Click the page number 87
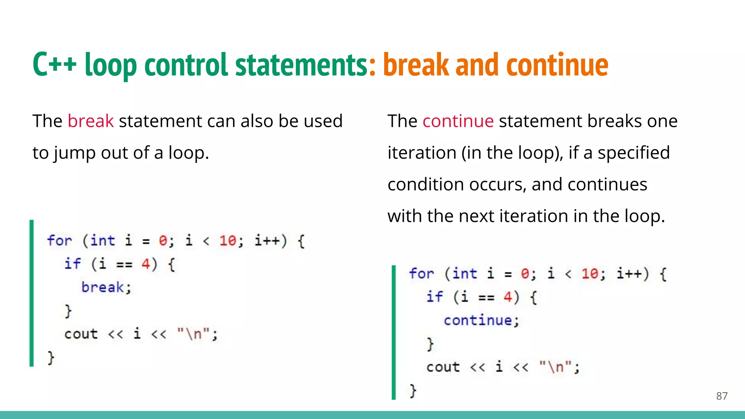tap(722, 396)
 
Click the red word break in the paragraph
tap(91, 121)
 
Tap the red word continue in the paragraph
tap(458, 121)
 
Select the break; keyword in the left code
tap(106, 287)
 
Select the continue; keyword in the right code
tap(481, 320)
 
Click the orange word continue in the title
tap(557, 65)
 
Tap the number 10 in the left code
tap(228, 241)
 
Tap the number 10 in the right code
tap(590, 274)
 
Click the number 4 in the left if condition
tap(146, 264)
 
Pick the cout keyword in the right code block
tap(443, 367)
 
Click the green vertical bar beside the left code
tap(32, 293)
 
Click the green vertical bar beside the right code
tap(394, 332)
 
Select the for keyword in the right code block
tap(421, 274)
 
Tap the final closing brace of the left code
tap(51, 358)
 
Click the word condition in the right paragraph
tap(426, 184)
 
